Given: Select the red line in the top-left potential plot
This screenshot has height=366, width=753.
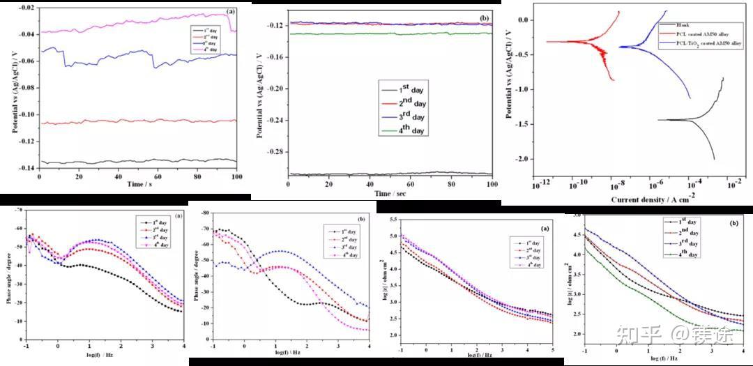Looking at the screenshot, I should pyautogui.click(x=139, y=121).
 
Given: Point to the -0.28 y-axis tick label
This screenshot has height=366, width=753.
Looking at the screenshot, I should pyautogui.click(x=271, y=152).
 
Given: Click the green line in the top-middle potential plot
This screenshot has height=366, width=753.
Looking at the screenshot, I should pyautogui.click(x=390, y=33).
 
